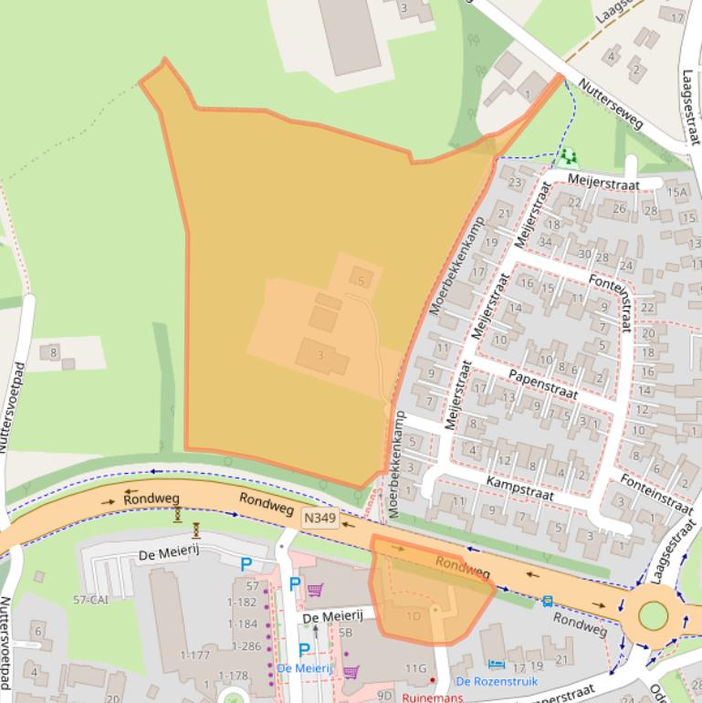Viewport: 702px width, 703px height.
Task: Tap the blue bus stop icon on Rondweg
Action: pos(547,601)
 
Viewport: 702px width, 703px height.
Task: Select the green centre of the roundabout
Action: pos(653,615)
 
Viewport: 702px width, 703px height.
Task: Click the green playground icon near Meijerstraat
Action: pos(570,157)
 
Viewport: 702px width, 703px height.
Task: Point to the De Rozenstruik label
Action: pos(497,681)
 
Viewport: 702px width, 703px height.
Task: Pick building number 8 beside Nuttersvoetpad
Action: pos(54,351)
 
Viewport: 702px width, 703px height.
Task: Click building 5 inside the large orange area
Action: pos(361,280)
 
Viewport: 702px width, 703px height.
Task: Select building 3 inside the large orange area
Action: pos(320,354)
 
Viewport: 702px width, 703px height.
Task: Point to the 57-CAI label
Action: pos(93,600)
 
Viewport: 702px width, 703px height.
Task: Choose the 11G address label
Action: pos(416,668)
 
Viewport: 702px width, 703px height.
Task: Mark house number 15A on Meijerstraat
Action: pos(676,192)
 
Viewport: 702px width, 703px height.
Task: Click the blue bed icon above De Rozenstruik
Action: pos(496,664)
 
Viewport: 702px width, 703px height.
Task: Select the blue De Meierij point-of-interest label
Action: pos(304,668)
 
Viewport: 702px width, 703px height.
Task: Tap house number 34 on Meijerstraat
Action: pos(546,241)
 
